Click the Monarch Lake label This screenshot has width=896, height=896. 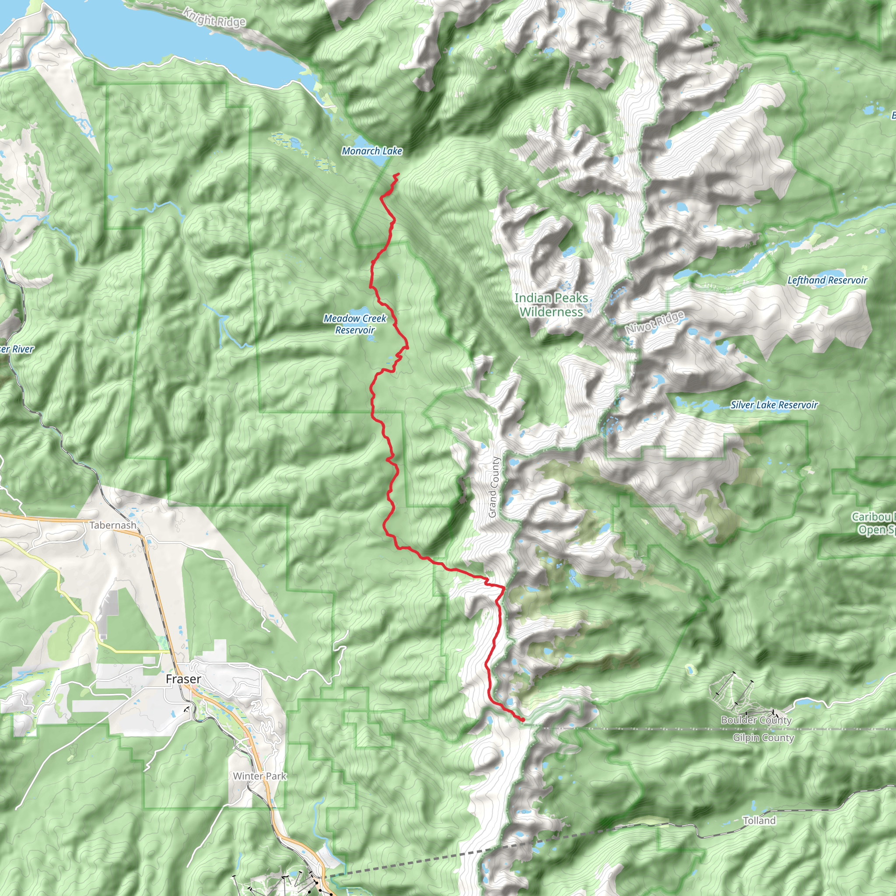click(x=371, y=151)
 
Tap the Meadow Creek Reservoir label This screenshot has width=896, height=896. click(x=355, y=324)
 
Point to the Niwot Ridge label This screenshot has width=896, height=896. click(x=654, y=322)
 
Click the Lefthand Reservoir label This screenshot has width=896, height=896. click(x=827, y=280)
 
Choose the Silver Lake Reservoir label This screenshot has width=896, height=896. click(x=773, y=405)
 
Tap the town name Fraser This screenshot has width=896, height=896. click(x=183, y=679)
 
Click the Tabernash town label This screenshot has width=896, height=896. click(x=113, y=525)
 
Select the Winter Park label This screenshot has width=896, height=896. click(x=260, y=776)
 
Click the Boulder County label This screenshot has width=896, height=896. click(x=756, y=720)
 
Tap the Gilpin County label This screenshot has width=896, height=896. click(x=763, y=737)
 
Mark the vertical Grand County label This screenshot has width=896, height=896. click(x=493, y=487)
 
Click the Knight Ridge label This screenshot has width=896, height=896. click(x=214, y=17)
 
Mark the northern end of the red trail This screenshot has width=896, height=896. click(x=399, y=174)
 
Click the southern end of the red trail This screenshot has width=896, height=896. click(x=523, y=720)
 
